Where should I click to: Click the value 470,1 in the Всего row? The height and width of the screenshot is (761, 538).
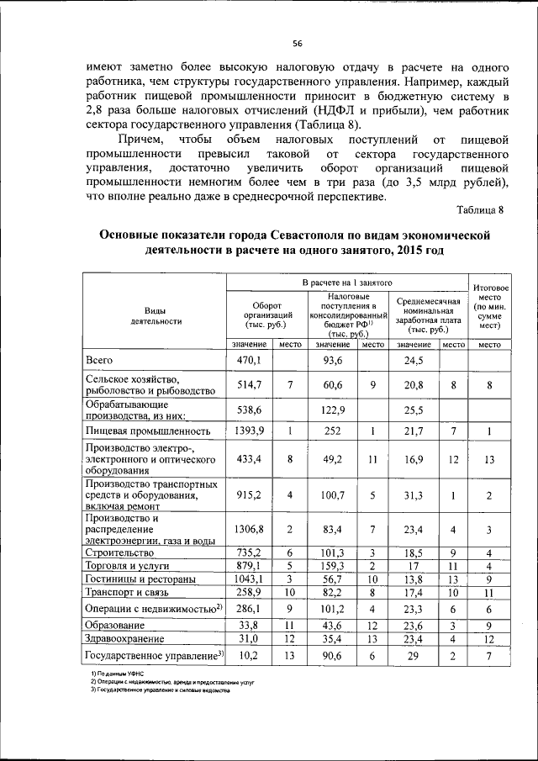(251, 360)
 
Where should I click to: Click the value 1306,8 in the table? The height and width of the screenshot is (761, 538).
(251, 530)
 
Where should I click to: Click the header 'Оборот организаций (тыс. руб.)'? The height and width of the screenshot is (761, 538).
(266, 314)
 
